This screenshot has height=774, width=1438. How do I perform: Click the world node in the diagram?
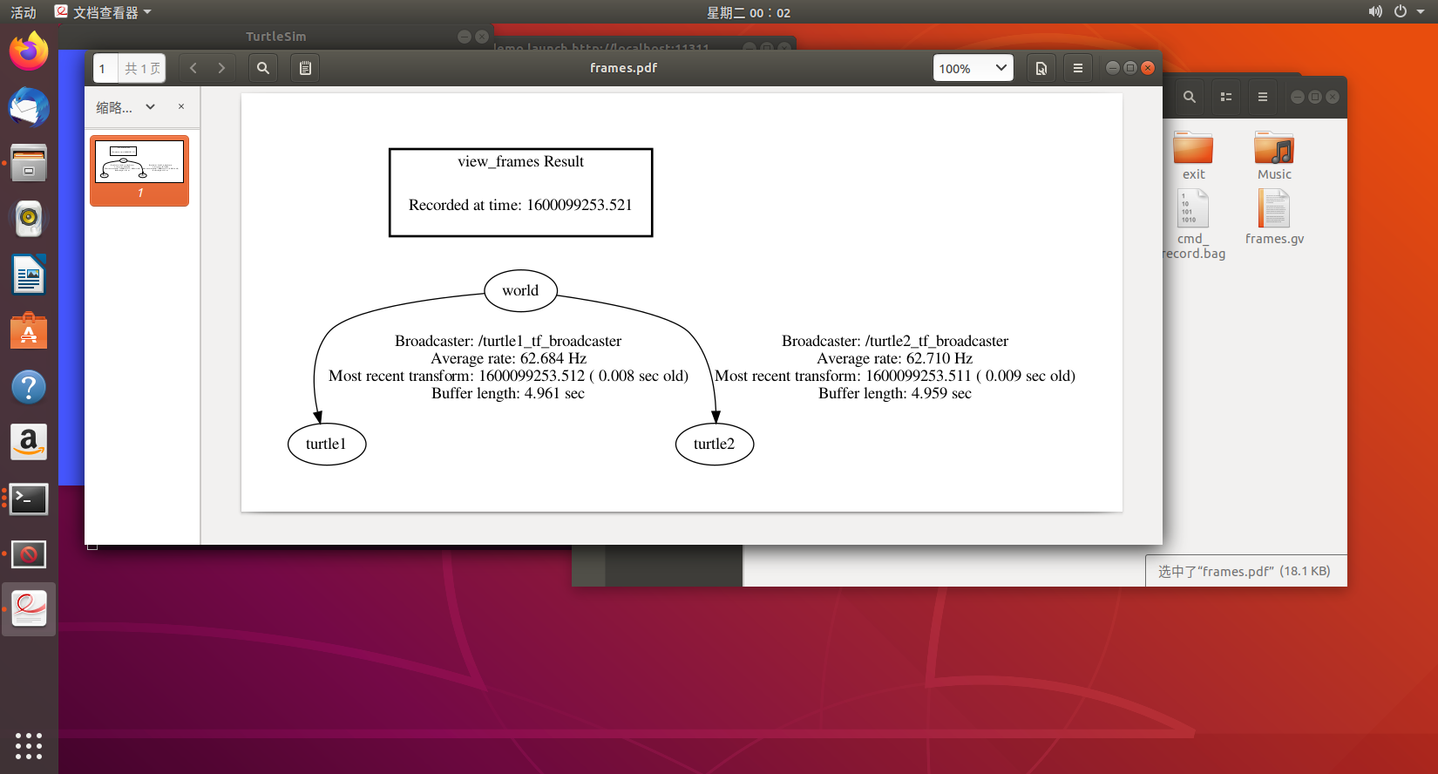tap(520, 291)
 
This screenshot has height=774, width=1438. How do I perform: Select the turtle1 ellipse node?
tap(326, 445)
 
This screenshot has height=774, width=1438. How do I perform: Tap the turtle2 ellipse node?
tap(714, 445)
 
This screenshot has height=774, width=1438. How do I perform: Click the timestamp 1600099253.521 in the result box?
tap(579, 206)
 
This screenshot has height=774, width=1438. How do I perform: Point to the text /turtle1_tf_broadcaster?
tap(549, 342)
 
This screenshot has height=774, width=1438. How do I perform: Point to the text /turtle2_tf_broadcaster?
tap(936, 342)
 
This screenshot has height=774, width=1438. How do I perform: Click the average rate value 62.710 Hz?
tap(933, 359)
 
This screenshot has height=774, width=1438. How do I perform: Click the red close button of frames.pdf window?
tap(1148, 68)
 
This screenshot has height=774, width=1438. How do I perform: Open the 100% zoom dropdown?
tap(973, 68)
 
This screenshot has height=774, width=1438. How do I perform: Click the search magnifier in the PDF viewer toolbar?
tap(263, 68)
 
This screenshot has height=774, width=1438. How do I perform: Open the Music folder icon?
tap(1274, 149)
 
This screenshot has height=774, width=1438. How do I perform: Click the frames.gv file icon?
tap(1274, 209)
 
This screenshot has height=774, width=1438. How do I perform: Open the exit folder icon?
tap(1193, 149)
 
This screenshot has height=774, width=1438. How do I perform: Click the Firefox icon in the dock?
tap(29, 51)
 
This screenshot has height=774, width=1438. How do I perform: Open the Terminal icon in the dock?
tap(29, 499)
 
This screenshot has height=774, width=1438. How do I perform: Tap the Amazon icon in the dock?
tap(29, 443)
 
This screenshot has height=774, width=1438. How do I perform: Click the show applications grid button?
tap(29, 745)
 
